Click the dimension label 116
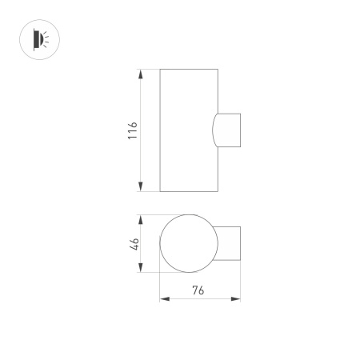(133, 130)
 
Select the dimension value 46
(134, 243)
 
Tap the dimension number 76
(199, 290)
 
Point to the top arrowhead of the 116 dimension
(141, 74)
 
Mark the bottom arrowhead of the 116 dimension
(141, 187)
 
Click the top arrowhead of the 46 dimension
(141, 218)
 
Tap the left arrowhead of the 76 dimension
(165, 299)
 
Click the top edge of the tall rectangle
(188, 70)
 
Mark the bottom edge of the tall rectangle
(188, 192)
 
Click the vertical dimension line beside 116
(141, 160)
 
